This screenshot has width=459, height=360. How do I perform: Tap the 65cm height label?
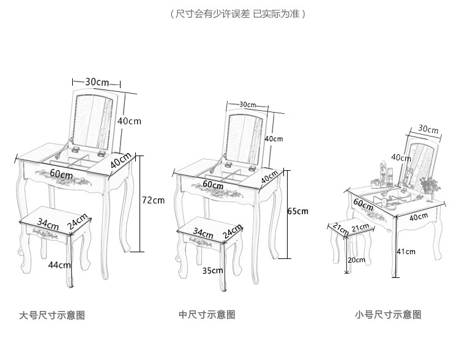click(x=297, y=211)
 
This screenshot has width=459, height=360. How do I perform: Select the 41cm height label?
click(x=406, y=251)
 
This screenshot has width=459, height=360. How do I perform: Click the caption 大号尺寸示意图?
click(x=52, y=316)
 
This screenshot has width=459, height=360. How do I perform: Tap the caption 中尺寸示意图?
click(x=207, y=315)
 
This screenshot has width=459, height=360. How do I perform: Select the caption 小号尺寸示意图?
click(x=388, y=315)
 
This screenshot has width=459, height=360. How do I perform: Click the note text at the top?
click(x=237, y=13)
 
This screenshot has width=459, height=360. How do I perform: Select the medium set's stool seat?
click(x=207, y=231)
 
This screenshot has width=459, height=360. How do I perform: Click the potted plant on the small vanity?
click(x=430, y=186)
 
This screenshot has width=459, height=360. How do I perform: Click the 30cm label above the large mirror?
click(x=97, y=82)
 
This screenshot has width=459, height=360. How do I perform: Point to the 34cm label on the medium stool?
click(x=203, y=233)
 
